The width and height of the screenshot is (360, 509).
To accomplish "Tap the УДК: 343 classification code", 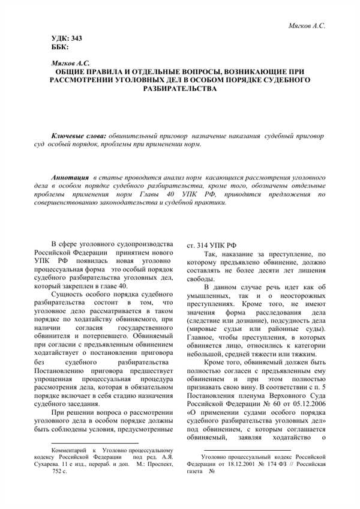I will pos(67,38).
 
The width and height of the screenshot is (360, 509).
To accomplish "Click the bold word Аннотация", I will pos(70,179).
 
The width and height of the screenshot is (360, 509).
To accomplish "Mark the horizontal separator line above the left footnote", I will pos(76,441).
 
